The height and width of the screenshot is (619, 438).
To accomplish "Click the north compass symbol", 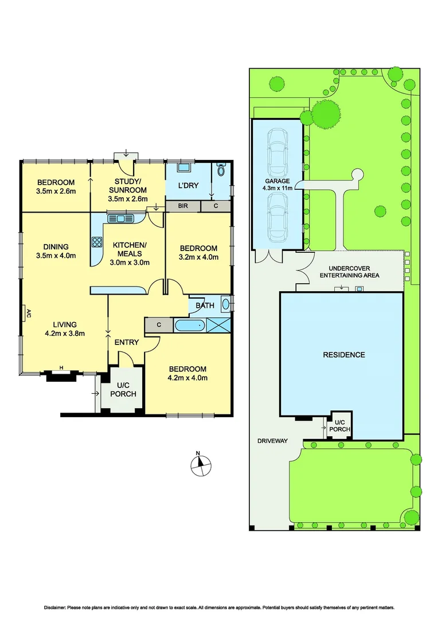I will pos(199,464).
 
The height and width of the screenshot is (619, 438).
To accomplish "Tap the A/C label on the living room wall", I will pos(27,313).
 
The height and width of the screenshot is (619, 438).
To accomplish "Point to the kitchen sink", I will pos(120,218).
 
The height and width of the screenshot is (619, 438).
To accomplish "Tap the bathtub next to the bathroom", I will pos(190,326).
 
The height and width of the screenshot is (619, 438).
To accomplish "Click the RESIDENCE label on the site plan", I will pos(344,355).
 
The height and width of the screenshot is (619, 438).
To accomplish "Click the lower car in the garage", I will pos(277,216).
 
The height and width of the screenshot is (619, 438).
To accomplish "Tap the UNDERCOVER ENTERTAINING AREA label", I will pos(353,272).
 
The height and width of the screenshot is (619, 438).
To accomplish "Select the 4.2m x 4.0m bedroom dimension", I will pos(187,378).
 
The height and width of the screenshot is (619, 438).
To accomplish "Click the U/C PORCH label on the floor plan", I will pos(123,390).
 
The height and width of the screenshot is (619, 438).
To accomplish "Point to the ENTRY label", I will pos(127,342).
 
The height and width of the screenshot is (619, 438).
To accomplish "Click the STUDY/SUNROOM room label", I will pos(127,186).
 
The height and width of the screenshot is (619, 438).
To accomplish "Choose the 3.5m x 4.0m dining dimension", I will pos(56,256).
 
